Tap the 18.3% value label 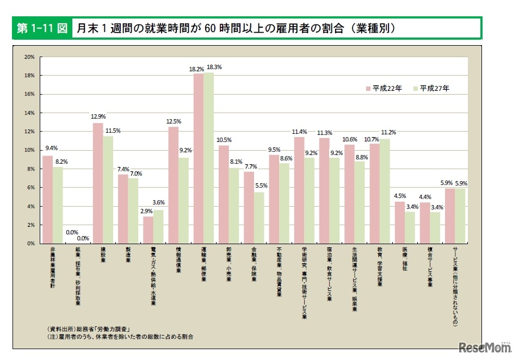pyautogui.click(x=214, y=67)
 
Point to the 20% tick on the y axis pyautogui.click(x=29, y=57)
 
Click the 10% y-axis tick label pyautogui.click(x=29, y=150)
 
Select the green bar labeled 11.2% pyautogui.click(x=385, y=191)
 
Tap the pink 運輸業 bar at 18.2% pyautogui.click(x=199, y=158)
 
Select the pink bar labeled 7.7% pyautogui.click(x=249, y=207)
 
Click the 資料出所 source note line pyautogui.click(x=90, y=329)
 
